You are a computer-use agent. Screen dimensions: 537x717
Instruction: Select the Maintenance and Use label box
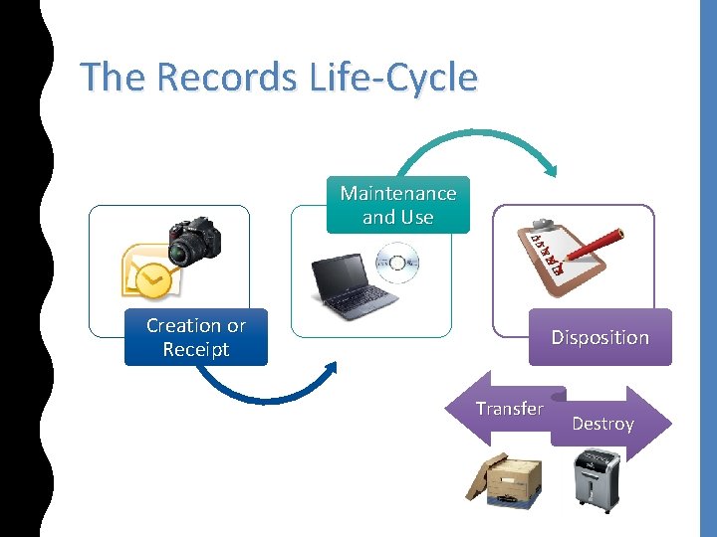tap(397, 205)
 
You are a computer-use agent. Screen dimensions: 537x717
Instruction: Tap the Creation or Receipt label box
tap(195, 338)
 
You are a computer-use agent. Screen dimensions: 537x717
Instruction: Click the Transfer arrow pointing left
tap(507, 409)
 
